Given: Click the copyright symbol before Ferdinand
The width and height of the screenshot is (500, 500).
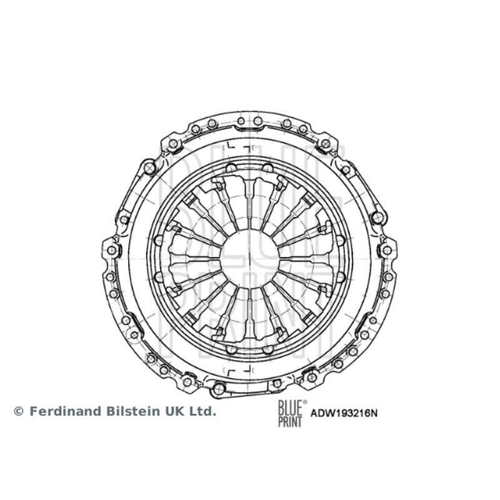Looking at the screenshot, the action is (x=19, y=411).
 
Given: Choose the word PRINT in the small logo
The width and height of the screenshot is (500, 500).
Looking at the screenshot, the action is (x=290, y=421).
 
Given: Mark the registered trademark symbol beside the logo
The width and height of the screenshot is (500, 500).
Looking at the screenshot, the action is (x=305, y=402).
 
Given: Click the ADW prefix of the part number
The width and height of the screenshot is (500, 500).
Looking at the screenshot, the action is (x=321, y=413).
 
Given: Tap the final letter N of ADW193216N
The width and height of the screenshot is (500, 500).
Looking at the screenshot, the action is (x=374, y=413).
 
